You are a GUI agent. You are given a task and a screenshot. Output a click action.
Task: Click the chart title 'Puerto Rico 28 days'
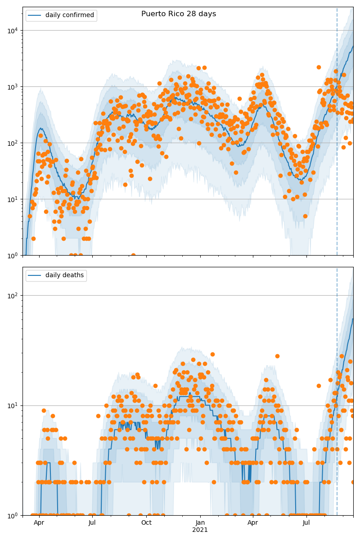tap(179, 14)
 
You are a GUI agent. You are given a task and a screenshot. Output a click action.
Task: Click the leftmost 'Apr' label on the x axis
tap(39, 523)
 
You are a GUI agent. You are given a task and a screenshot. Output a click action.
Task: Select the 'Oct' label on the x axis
tap(146, 523)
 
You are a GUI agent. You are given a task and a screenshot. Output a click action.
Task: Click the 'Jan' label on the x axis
tap(200, 523)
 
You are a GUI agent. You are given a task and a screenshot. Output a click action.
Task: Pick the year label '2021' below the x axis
tap(200, 530)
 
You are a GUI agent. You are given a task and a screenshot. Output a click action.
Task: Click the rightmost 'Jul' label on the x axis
tap(306, 523)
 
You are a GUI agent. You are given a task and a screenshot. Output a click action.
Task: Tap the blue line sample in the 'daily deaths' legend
tap(34, 275)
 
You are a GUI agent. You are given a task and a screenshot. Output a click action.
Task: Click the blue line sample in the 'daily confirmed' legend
tap(34, 15)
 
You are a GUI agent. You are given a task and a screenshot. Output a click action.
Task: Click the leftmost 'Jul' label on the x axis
tap(92, 523)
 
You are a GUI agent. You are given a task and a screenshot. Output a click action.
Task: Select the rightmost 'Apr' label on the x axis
tap(253, 523)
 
